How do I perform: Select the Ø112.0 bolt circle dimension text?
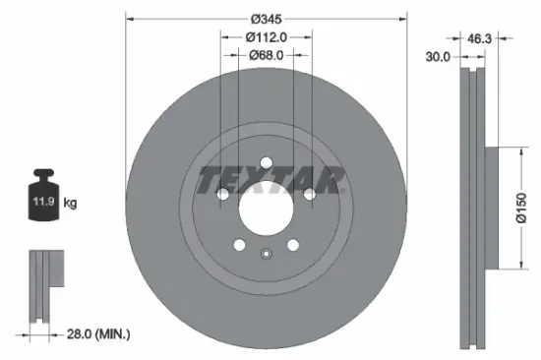click(x=266, y=37)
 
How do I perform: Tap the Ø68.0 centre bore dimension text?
click(x=266, y=55)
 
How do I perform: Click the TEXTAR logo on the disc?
click(x=272, y=180)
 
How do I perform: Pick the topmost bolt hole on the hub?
click(x=267, y=165)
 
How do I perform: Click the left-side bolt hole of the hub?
click(x=223, y=197)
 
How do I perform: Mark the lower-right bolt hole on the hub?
click(x=292, y=247)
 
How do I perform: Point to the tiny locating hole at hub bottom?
click(x=267, y=256)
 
